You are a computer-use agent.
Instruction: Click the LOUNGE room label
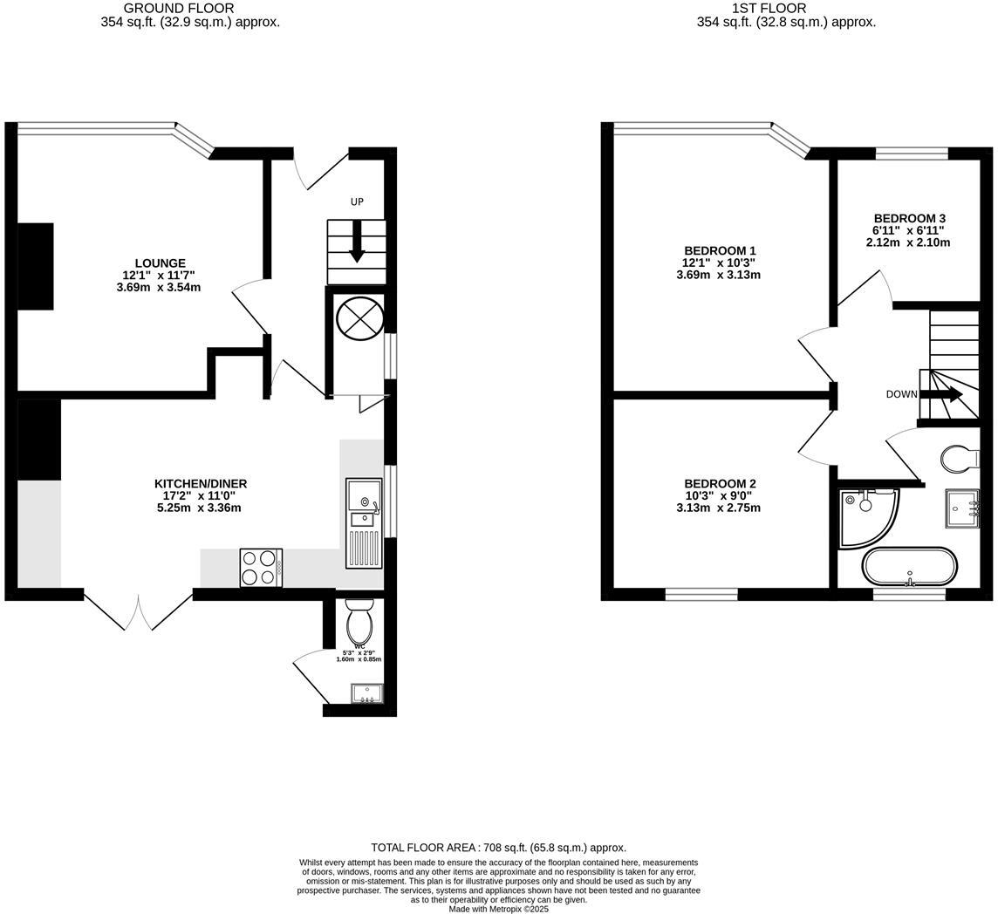[x=160, y=263]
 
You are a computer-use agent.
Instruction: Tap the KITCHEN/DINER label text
[x=201, y=484]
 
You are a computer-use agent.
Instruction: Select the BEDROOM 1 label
[x=719, y=251]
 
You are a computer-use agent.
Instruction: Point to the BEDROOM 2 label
[x=719, y=484]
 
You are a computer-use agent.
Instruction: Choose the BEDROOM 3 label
[x=909, y=218]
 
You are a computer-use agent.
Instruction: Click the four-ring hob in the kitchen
[x=261, y=567]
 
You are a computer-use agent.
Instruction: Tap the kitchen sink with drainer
[x=364, y=522]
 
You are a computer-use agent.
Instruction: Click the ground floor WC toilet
[x=359, y=620]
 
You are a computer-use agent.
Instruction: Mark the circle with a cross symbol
[x=359, y=318]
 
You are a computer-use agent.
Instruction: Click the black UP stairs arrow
[x=357, y=241]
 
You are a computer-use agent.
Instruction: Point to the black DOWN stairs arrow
[x=942, y=394]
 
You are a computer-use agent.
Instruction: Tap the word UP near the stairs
[x=357, y=201]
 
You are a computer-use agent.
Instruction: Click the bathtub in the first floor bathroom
[x=909, y=566]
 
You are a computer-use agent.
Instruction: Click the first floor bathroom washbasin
[x=966, y=508]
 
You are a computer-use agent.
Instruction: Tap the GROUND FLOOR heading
[x=191, y=9]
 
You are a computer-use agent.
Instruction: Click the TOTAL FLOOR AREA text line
[x=498, y=847]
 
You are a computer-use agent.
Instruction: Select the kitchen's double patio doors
[x=139, y=611]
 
